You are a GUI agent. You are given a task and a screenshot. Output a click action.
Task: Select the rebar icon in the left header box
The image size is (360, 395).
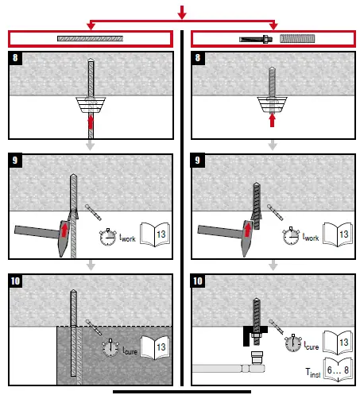[90, 38]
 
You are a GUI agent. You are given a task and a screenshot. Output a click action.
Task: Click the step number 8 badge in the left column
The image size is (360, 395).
[15, 59]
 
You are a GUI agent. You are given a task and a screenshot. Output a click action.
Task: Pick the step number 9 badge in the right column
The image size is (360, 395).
[199, 161]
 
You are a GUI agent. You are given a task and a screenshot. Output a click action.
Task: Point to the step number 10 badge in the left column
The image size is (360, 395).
[17, 281]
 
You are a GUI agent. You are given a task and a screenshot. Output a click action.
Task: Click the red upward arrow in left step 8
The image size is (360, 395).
[91, 121]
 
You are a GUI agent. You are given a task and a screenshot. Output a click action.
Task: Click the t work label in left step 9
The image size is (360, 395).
[130, 238]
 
